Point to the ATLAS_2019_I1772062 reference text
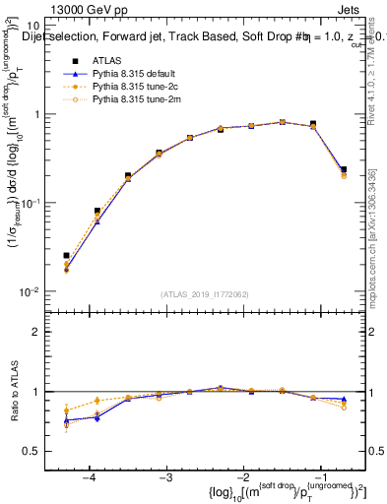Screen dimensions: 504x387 pyautogui.click(x=205, y=294)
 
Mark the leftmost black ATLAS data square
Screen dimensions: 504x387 pyautogui.click(x=66, y=255)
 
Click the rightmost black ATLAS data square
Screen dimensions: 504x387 pyautogui.click(x=343, y=169)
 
